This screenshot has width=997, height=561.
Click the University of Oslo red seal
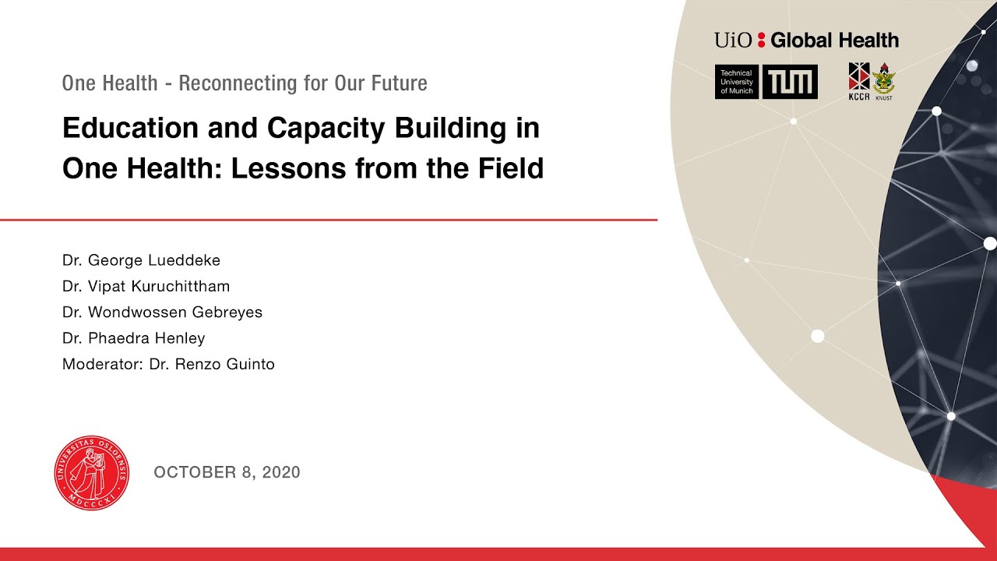pyautogui.click(x=92, y=472)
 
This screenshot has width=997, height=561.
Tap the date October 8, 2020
pyautogui.click(x=227, y=472)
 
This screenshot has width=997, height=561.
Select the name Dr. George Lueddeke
pyautogui.click(x=141, y=260)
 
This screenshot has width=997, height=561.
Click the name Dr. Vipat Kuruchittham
pyautogui.click(x=146, y=286)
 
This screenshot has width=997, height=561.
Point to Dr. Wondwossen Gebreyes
pyautogui.click(x=162, y=312)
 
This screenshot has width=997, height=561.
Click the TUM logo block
pyautogui.click(x=790, y=82)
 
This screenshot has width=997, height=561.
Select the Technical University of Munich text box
pyautogui.click(x=736, y=82)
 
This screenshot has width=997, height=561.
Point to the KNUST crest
pyautogui.click(x=883, y=81)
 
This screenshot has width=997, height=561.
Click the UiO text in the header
pyautogui.click(x=733, y=41)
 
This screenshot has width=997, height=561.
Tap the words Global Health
pyautogui.click(x=834, y=41)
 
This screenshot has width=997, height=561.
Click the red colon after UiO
pyautogui.click(x=761, y=41)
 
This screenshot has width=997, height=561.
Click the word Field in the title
pyautogui.click(x=510, y=168)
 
